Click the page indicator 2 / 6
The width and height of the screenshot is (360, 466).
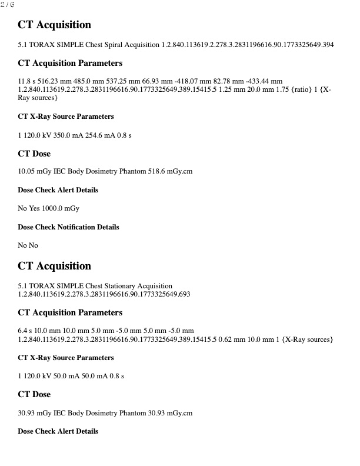[x=8, y=5]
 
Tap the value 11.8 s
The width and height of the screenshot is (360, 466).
[x=27, y=80]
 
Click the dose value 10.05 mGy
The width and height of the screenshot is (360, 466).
[x=33, y=172]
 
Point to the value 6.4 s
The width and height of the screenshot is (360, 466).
[x=25, y=331]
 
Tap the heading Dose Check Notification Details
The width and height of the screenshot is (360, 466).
[x=68, y=227]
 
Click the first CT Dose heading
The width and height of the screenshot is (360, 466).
[x=34, y=154]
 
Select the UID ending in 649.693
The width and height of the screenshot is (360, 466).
[x=104, y=294]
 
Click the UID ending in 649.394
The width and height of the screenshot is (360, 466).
[x=248, y=45]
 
